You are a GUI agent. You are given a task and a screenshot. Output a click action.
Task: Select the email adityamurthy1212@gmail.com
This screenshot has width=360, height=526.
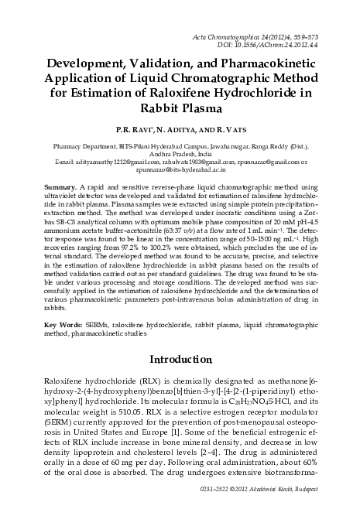tap(109, 162)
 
